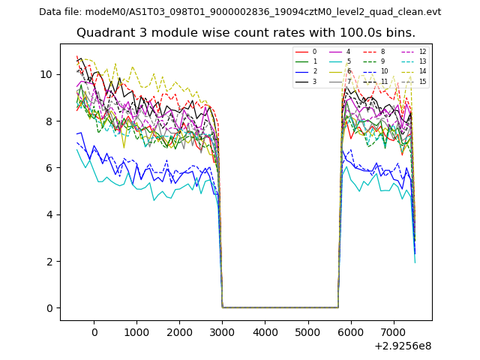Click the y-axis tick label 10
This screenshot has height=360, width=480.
tap(46, 74)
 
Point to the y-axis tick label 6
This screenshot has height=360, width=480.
tap(49, 168)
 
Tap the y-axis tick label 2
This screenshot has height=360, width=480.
tap(49, 261)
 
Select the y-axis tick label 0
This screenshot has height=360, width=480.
tap(49, 308)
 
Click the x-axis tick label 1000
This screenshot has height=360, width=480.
tap(136, 331)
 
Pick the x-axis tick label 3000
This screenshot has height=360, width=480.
tap(222, 331)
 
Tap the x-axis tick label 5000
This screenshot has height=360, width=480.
tap(307, 331)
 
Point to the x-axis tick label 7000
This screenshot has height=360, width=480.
tap(393, 331)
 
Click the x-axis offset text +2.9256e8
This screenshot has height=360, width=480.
tap(402, 346)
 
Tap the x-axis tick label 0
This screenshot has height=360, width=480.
tap(94, 331)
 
